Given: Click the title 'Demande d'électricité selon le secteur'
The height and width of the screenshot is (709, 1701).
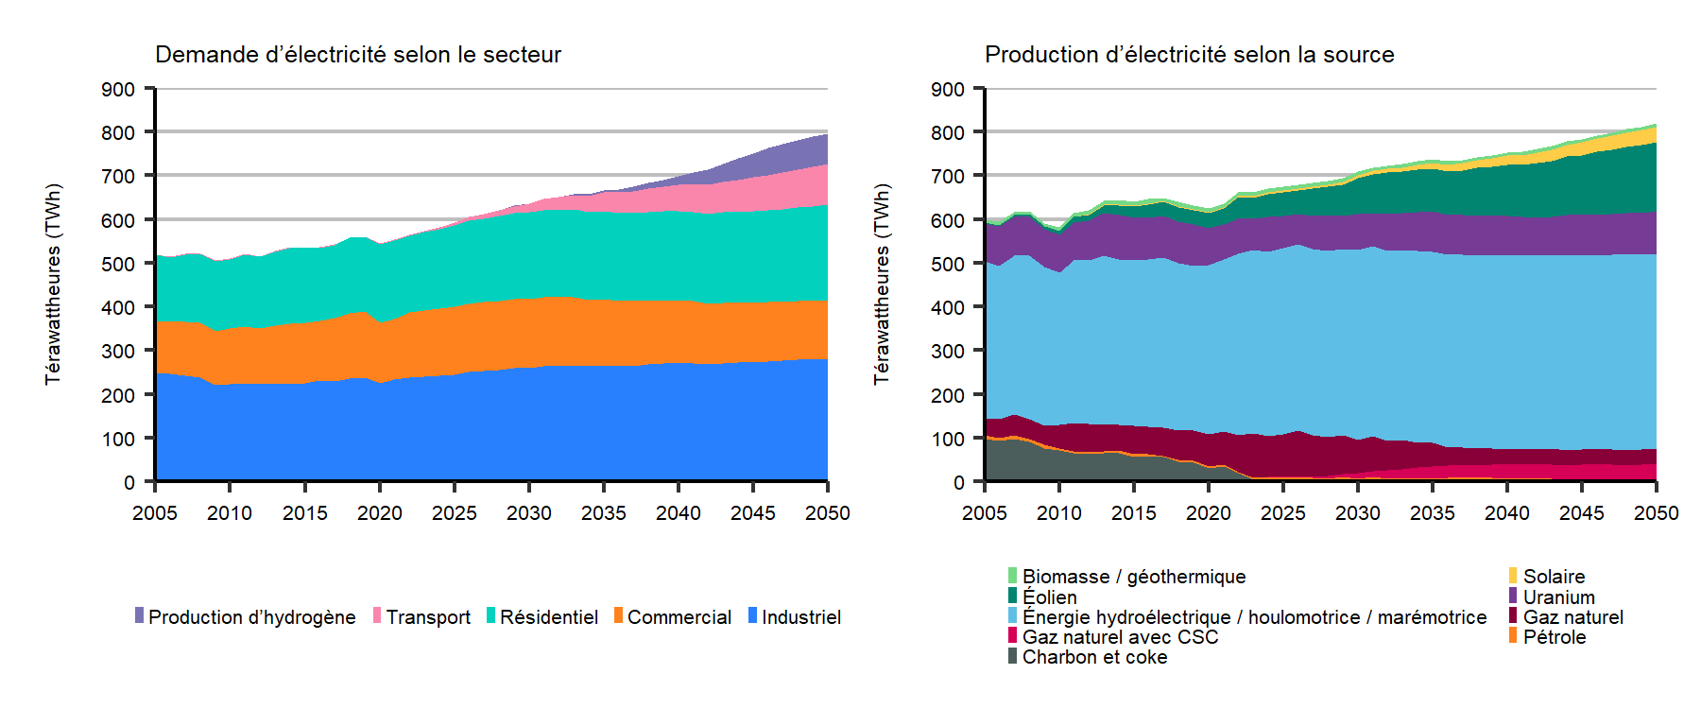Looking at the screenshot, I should point(357,55).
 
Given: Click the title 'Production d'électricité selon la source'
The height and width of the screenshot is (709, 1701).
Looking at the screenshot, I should point(1189,55).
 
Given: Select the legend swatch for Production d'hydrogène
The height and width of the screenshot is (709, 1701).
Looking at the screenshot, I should point(140,615).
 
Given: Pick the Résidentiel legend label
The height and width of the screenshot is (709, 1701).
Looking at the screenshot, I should point(548,617).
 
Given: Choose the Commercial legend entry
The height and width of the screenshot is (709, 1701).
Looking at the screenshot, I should point(679,617).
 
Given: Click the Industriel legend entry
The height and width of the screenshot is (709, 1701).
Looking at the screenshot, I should point(800,617).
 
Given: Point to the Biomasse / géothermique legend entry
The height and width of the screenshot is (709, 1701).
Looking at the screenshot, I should point(1133,577).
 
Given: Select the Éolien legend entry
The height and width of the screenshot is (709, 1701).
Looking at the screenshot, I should point(1049,597).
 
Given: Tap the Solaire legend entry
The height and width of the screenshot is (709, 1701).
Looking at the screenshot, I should point(1554,577).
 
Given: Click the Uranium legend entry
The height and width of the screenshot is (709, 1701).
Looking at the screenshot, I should point(1558,597).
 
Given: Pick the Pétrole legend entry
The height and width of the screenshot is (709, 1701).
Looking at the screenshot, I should point(1554,637).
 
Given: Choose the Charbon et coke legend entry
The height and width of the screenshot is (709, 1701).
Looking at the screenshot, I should point(1094,657).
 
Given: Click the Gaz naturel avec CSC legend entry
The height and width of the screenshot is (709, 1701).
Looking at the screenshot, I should point(1120,637).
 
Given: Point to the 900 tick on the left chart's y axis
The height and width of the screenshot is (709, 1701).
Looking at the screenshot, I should point(118,90).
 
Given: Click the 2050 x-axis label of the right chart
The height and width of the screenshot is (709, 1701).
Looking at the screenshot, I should point(1656,513).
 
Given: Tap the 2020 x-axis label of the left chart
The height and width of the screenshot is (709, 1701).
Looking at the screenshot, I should point(379,513).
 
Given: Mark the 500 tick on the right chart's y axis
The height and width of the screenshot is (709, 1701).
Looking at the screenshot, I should point(948,264).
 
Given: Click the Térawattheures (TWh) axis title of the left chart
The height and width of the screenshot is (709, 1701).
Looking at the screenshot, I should point(53,284).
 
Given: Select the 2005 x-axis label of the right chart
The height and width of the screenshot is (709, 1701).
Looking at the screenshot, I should point(985,513).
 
